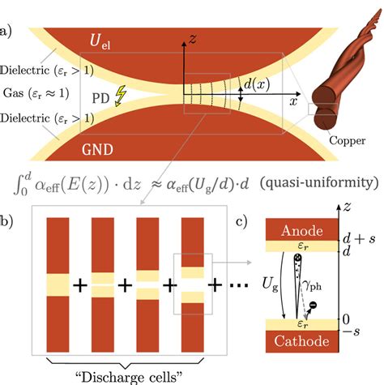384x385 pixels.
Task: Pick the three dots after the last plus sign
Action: [x=234, y=287]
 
